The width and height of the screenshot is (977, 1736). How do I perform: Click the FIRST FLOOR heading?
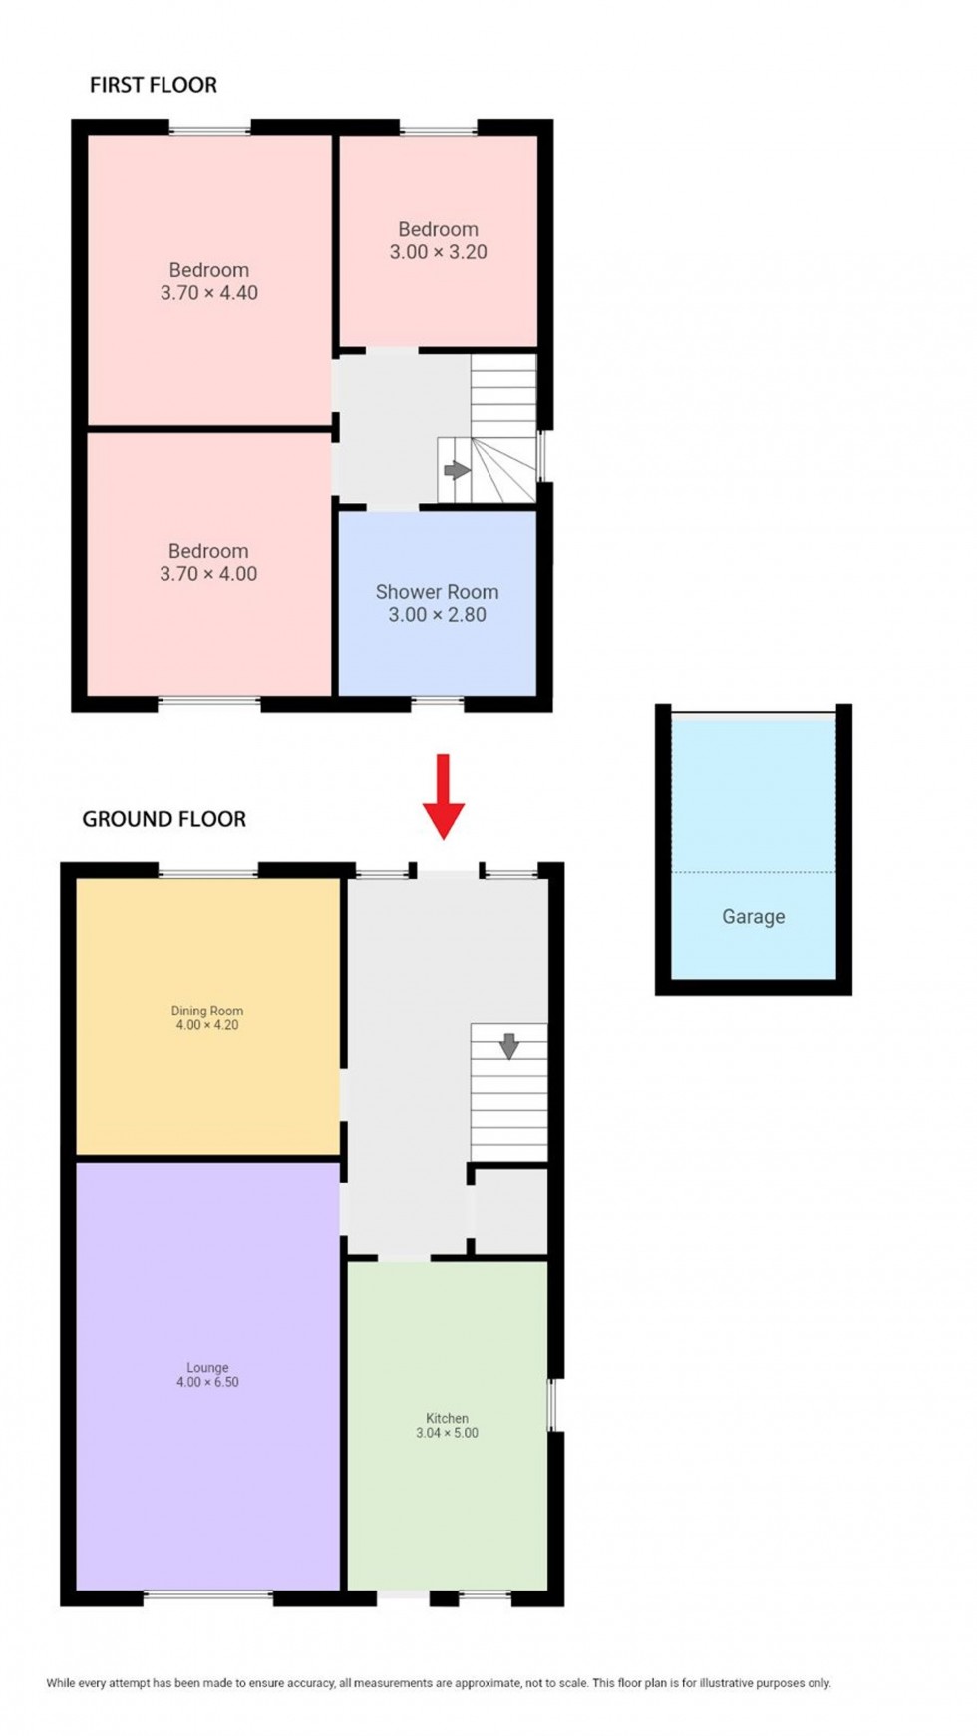click(x=154, y=85)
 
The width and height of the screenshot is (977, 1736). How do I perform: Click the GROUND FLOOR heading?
click(x=163, y=819)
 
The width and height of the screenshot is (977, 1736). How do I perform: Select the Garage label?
click(x=753, y=917)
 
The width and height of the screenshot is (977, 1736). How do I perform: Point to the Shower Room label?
click(x=437, y=592)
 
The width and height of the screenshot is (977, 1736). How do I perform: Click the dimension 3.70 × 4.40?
click(x=209, y=293)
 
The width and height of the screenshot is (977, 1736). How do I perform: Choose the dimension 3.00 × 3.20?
click(x=438, y=252)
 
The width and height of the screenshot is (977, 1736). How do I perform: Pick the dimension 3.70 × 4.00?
click(x=208, y=574)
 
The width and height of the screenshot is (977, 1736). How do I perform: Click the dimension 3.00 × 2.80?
click(x=437, y=615)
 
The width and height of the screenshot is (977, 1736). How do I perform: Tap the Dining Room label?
click(x=207, y=1011)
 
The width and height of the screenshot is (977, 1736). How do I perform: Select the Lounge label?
click(x=207, y=1368)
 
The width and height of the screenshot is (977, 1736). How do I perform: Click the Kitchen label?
click(x=447, y=1418)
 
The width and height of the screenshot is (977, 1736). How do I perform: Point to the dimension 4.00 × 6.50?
click(x=207, y=1383)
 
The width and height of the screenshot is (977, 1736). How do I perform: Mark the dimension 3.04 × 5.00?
click(x=447, y=1433)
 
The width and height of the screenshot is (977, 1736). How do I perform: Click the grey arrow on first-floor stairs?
click(x=457, y=470)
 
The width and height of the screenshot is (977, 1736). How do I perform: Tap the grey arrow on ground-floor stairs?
click(x=509, y=1046)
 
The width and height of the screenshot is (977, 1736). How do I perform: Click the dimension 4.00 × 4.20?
click(x=207, y=1025)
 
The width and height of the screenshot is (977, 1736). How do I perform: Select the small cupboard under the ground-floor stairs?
click(x=509, y=1209)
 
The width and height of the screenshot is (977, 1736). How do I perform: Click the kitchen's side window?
click(x=553, y=1405)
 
